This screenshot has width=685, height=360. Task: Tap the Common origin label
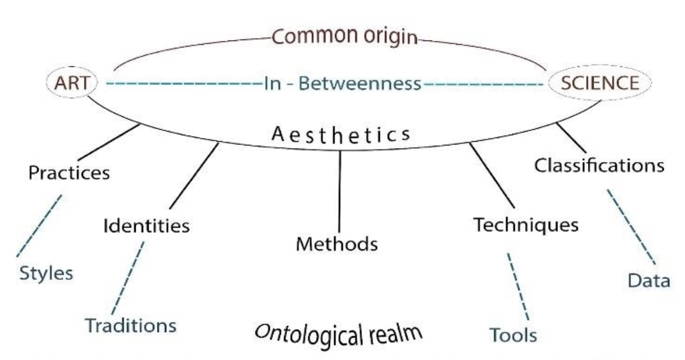pyautogui.click(x=345, y=37)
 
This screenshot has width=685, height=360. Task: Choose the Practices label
pyautogui.click(x=69, y=173)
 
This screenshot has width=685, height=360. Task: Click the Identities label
pyautogui.click(x=147, y=226)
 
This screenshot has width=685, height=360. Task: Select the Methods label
pyautogui.click(x=337, y=244)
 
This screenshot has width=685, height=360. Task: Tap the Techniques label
pyautogui.click(x=526, y=225)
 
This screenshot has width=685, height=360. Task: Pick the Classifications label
pyautogui.click(x=600, y=165)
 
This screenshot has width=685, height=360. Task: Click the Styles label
pyautogui.click(x=46, y=273)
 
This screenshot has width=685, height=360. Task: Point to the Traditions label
pyautogui.click(x=130, y=326)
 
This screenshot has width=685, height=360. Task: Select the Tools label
pyautogui.click(x=513, y=335)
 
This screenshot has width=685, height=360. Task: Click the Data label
pyautogui.click(x=649, y=281)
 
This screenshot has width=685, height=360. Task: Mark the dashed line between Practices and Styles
pyautogui.click(x=39, y=226)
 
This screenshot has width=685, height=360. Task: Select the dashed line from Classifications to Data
pyautogui.click(x=631, y=227)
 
